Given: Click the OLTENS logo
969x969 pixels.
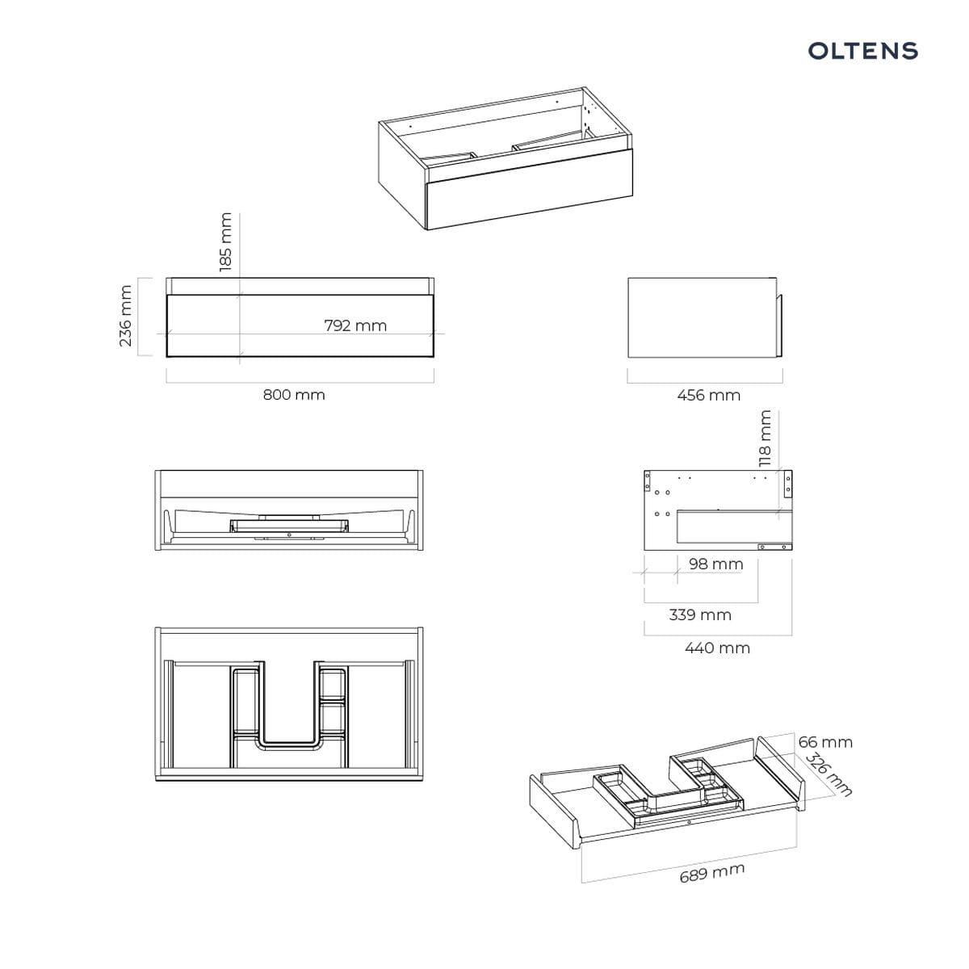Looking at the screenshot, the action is click(862, 51).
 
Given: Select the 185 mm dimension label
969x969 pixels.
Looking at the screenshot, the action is click(226, 242).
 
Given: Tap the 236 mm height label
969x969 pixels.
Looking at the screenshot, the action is click(125, 316).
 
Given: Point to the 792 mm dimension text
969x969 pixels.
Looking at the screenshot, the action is click(355, 325).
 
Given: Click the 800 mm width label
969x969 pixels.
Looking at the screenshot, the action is click(294, 394).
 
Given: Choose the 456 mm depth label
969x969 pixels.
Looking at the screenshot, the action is click(708, 395).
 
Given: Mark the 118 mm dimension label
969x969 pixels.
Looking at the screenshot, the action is click(765, 438).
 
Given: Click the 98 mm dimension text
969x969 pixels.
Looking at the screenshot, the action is click(715, 564).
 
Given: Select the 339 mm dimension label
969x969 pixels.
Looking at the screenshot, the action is click(700, 615).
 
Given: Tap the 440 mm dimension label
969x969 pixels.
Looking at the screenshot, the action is click(717, 648).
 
